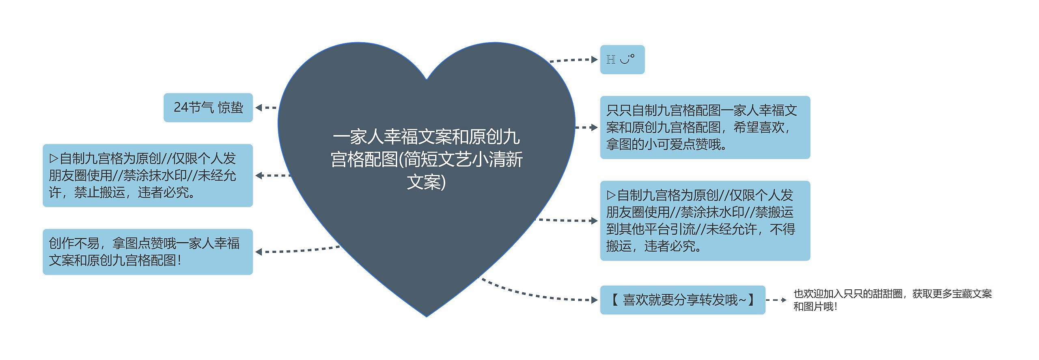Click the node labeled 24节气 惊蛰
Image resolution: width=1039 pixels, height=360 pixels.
(x=208, y=108)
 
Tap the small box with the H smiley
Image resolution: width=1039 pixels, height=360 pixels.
(x=622, y=60)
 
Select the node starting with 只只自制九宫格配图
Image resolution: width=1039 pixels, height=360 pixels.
(x=705, y=127)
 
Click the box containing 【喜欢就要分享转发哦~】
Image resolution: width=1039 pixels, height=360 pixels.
(x=682, y=300)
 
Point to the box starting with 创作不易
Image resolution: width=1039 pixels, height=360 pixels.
(x=148, y=252)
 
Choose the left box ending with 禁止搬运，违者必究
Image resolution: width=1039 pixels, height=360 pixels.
(x=148, y=175)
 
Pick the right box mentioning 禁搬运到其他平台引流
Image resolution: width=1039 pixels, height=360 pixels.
(x=705, y=220)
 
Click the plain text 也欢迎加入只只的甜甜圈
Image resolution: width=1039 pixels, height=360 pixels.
(x=892, y=300)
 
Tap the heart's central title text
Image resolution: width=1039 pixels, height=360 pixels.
(x=427, y=159)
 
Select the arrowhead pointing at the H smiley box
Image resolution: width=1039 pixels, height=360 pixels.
(x=595, y=60)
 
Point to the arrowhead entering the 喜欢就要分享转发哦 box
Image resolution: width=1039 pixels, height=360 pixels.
(x=595, y=300)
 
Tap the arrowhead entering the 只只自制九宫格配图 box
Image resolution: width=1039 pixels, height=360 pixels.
(x=595, y=127)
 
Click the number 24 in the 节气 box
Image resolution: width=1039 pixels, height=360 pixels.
(x=181, y=107)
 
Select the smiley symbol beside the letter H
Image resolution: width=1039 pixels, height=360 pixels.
(x=627, y=60)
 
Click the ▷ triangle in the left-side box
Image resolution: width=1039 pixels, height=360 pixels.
(x=54, y=158)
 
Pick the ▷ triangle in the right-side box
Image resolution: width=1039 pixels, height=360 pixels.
(x=611, y=195)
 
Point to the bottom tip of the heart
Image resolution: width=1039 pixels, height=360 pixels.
(x=427, y=316)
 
